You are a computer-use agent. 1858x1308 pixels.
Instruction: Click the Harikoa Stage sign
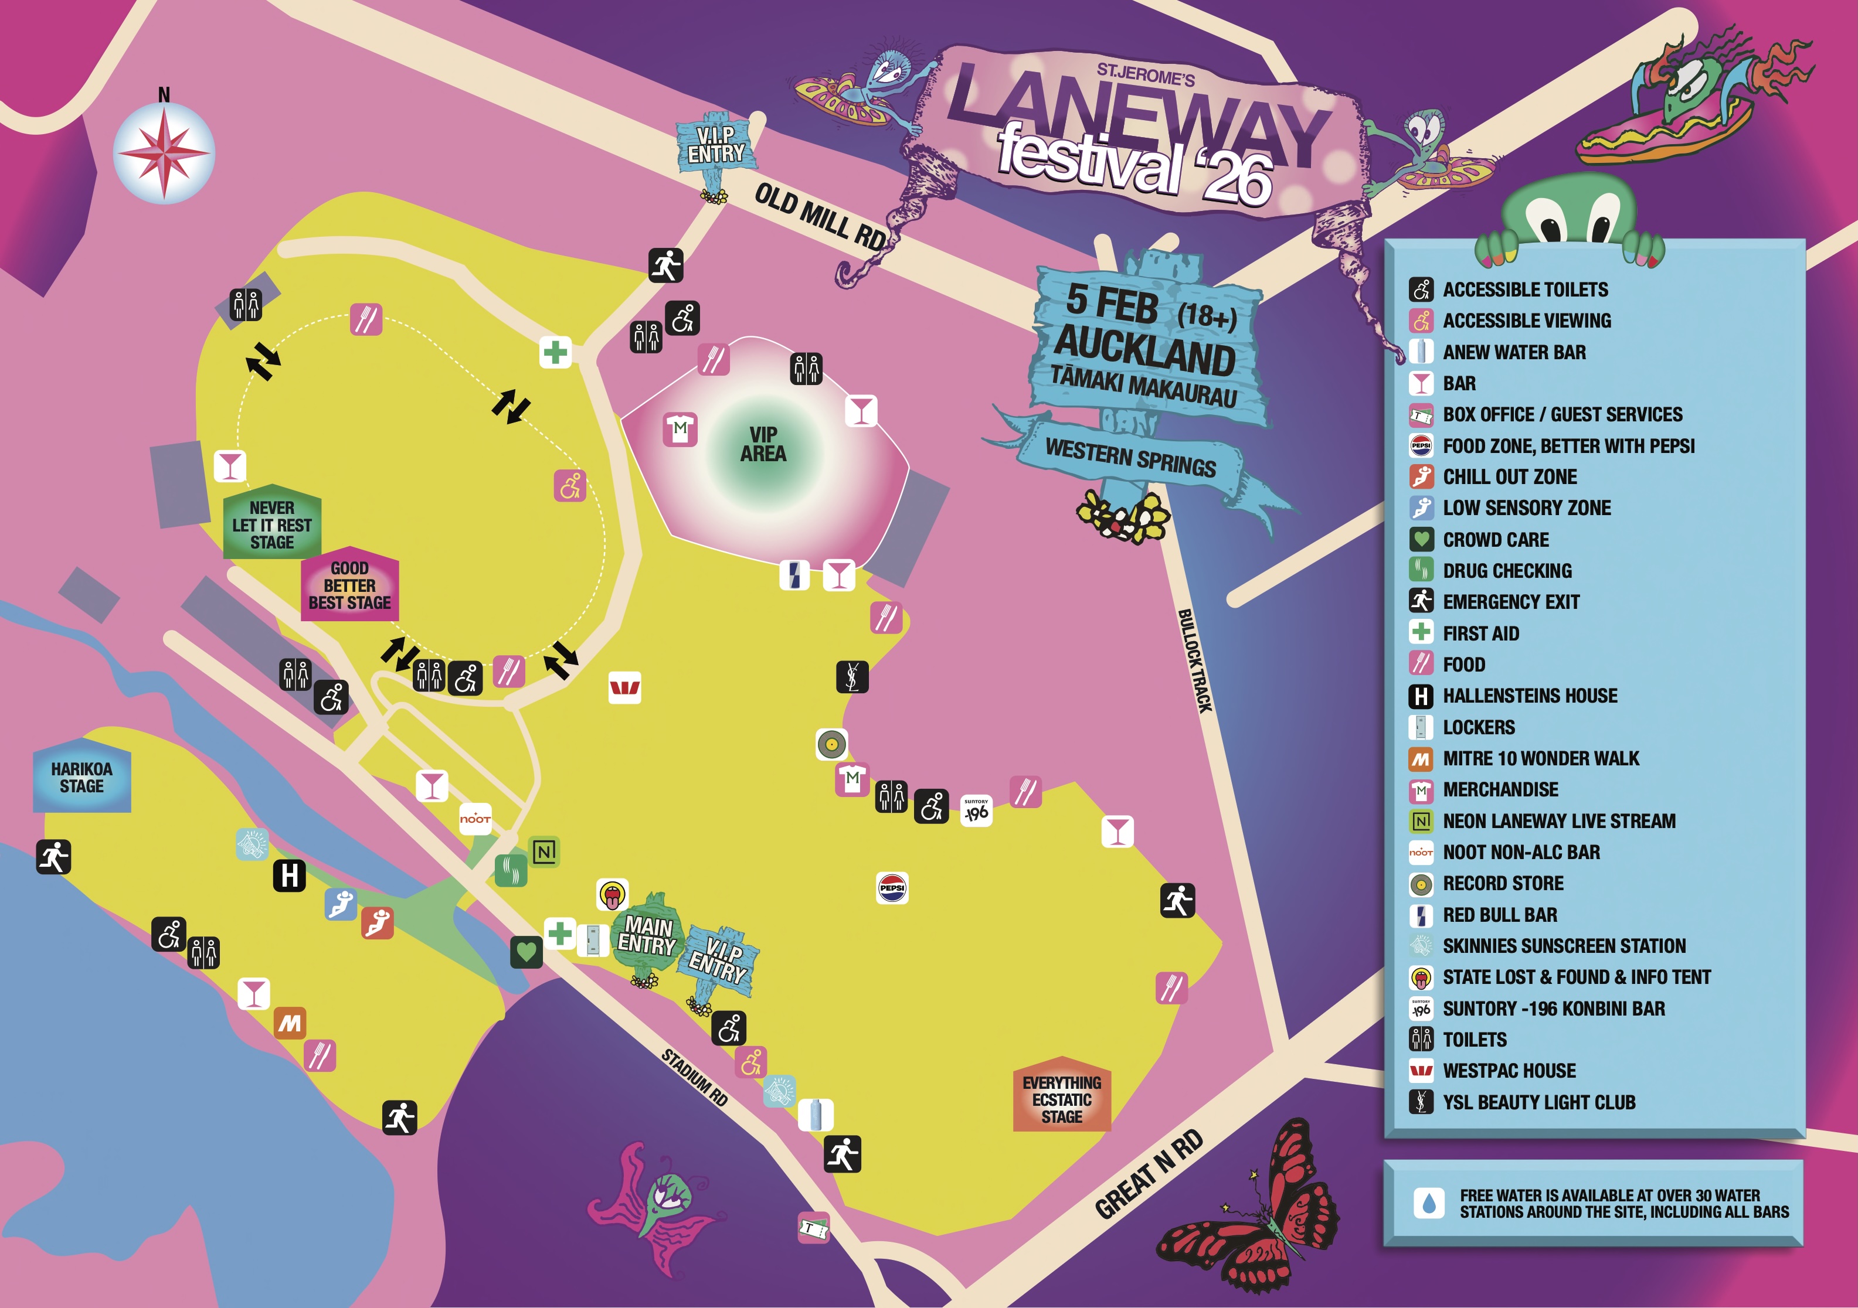point(81,778)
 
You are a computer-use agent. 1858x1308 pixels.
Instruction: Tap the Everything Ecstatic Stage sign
point(1062,1098)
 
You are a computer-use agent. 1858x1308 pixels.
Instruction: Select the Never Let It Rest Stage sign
point(272,524)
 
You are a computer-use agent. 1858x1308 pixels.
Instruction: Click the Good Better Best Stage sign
point(349,585)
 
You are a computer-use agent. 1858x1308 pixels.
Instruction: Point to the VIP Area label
point(762,444)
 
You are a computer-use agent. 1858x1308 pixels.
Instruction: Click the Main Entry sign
point(647,936)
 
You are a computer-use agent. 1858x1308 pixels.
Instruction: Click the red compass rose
point(164,152)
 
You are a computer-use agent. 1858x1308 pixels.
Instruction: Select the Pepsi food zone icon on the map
point(892,887)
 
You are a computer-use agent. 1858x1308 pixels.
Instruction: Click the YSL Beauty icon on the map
point(852,676)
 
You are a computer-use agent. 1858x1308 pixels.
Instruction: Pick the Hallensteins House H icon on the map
point(290,876)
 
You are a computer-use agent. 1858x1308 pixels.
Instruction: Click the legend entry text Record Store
point(1503,883)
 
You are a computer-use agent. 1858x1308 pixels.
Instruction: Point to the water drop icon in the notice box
point(1428,1203)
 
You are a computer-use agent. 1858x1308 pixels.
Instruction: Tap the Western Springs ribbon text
point(1130,458)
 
